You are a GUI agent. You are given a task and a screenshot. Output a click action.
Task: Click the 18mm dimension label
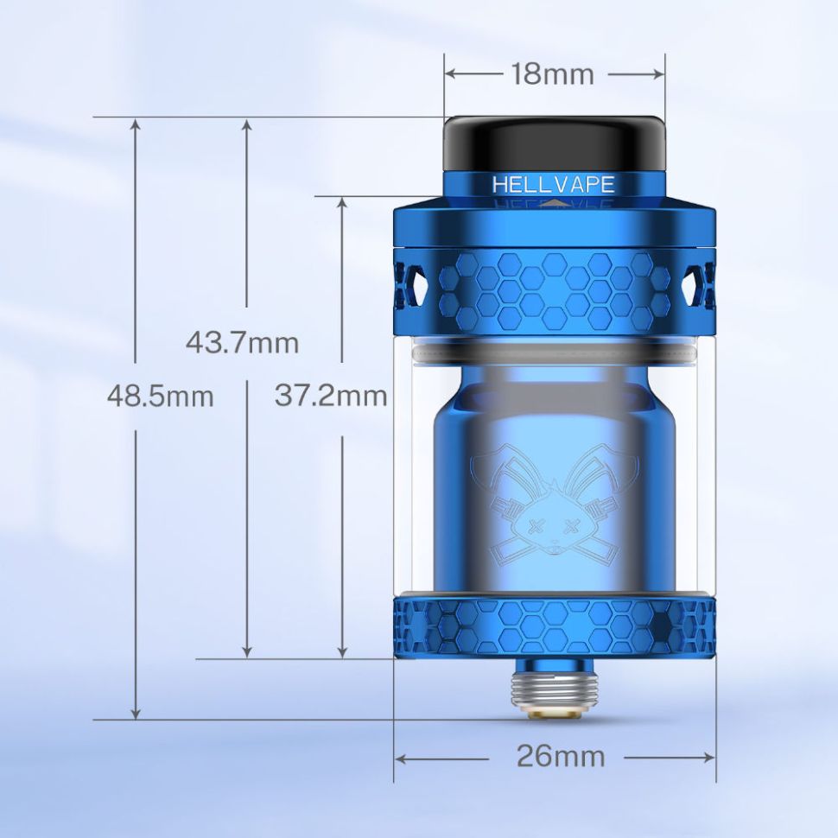[x=552, y=74]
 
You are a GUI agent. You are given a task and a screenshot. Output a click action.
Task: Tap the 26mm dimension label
[x=561, y=757]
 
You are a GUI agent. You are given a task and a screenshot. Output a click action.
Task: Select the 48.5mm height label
[x=160, y=397]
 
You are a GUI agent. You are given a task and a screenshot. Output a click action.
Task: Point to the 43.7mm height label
[x=242, y=343]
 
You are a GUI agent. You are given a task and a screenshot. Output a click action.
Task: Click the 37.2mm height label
[x=330, y=397]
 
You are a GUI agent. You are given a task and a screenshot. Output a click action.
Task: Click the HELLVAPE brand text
[x=553, y=184]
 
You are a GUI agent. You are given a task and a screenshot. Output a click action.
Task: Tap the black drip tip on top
[x=555, y=143]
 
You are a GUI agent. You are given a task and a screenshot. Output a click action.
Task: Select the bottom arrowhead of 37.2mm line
[x=343, y=651]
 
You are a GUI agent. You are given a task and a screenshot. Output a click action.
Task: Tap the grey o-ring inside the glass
[x=553, y=355]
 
